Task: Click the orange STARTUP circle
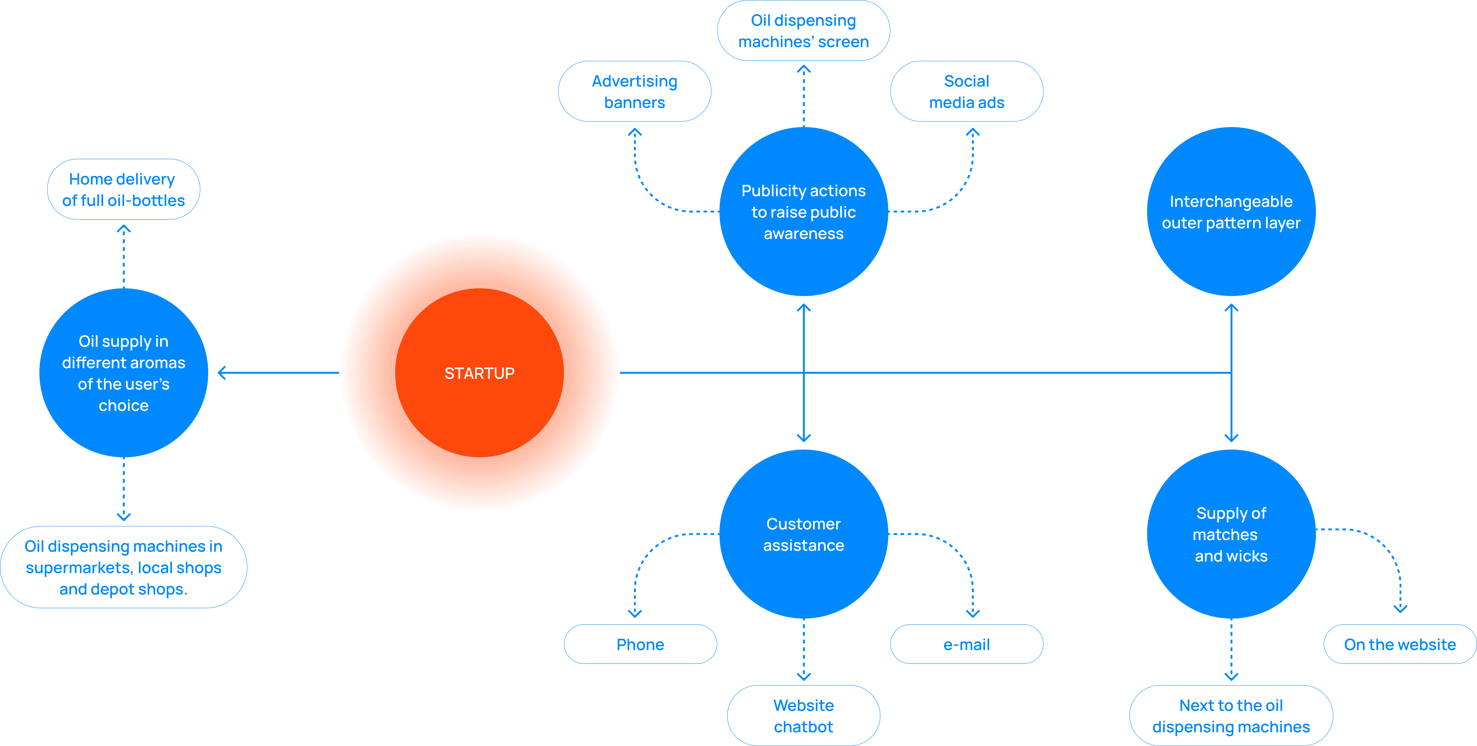click(479, 373)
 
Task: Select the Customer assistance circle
click(803, 534)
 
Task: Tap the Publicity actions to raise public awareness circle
click(803, 212)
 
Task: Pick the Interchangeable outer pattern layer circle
click(1231, 212)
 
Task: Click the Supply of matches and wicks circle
click(1231, 534)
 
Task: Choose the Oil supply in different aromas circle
click(123, 373)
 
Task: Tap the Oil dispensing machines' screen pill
click(803, 30)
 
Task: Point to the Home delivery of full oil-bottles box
click(123, 189)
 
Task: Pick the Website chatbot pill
click(803, 716)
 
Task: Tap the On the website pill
click(1400, 644)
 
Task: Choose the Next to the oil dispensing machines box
click(1231, 716)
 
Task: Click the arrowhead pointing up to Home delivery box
click(123, 229)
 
